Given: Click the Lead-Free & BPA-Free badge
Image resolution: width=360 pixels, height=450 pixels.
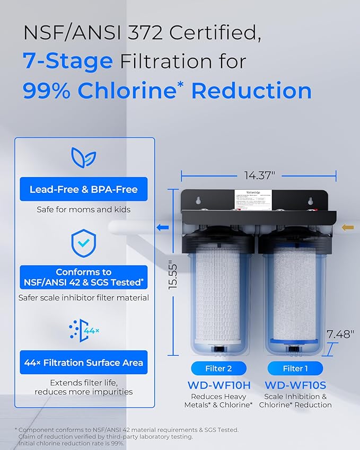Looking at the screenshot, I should (x=84, y=189).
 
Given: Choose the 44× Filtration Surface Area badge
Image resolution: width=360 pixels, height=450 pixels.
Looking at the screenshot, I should (x=84, y=363).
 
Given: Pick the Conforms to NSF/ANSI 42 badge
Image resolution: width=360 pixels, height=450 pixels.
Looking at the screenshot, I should (x=84, y=277).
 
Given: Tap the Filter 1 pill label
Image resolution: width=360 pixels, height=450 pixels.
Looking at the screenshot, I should (x=295, y=368).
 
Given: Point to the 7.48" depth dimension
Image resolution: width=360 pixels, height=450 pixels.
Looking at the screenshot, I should (x=339, y=334).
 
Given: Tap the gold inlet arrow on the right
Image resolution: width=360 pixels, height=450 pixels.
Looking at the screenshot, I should (x=348, y=227).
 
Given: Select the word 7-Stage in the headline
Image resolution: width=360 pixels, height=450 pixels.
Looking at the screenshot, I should (x=67, y=61).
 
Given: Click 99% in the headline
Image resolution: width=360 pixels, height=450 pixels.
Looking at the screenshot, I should (x=46, y=91).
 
